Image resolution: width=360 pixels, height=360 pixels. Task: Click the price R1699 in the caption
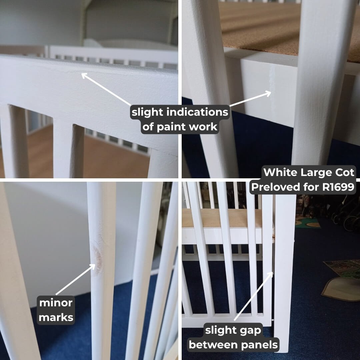click(x=338, y=187)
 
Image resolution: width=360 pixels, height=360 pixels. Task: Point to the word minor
click(x=56, y=303)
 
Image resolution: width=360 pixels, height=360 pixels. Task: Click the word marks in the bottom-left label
click(x=56, y=317)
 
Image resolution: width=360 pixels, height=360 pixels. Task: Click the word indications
click(x=197, y=112)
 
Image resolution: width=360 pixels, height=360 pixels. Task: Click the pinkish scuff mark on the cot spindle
click(x=97, y=257)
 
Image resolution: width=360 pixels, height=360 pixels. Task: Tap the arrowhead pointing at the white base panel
click(x=268, y=93)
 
